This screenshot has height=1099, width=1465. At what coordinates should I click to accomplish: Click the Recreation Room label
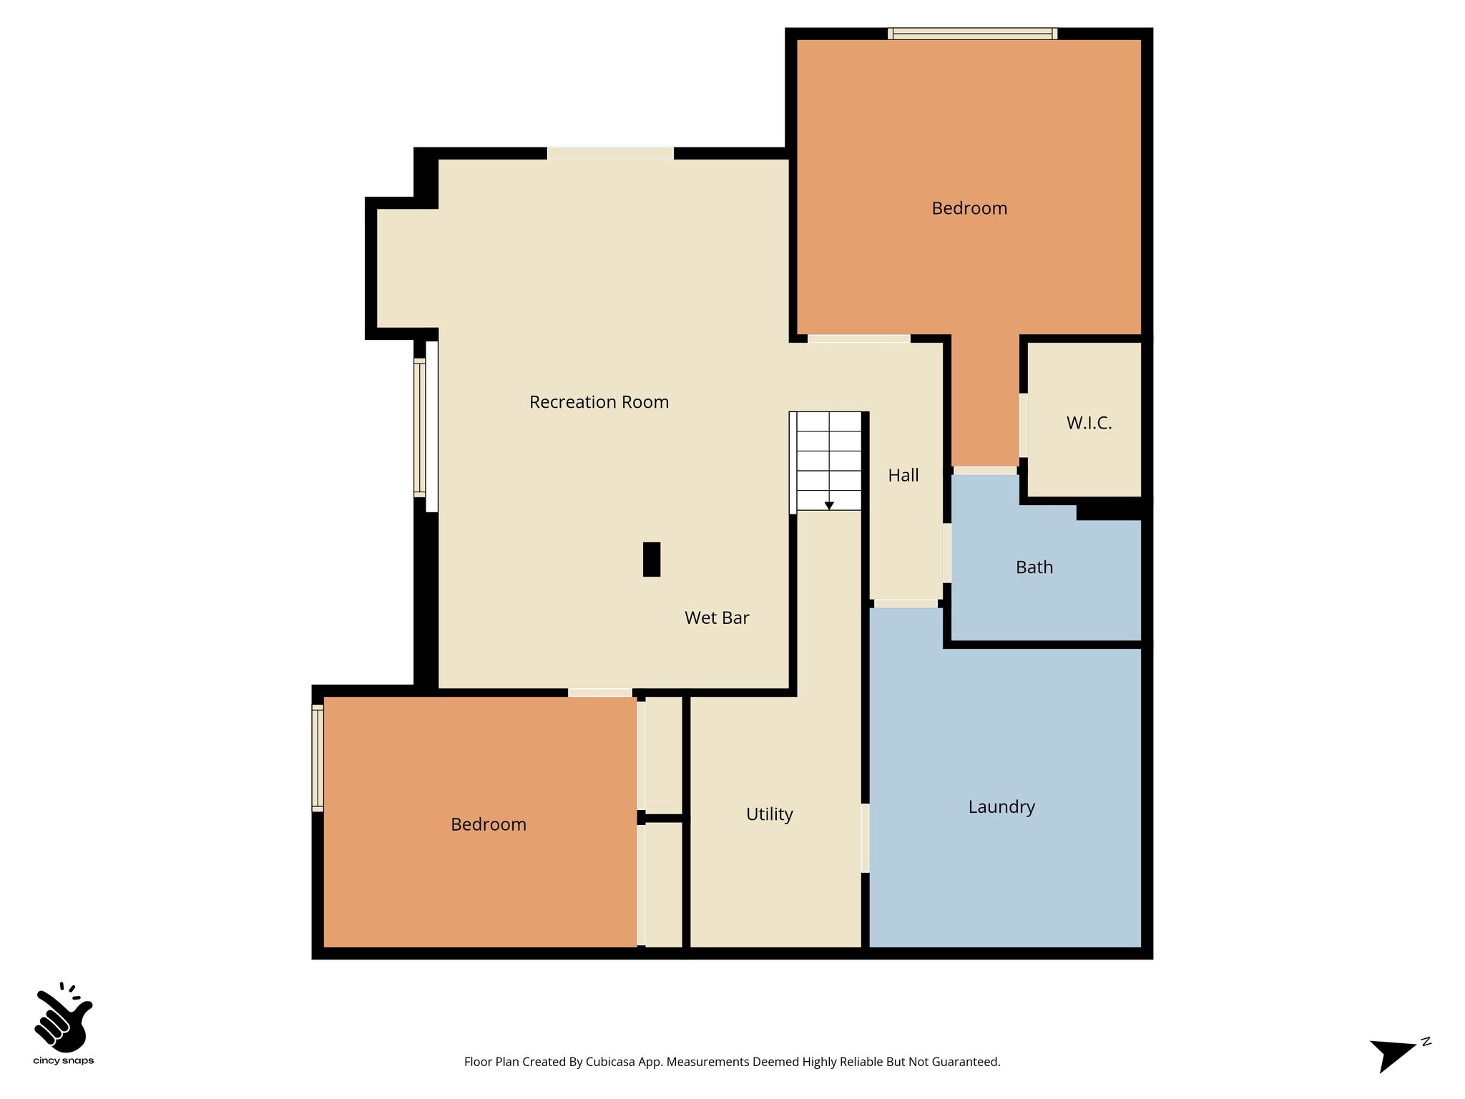point(599,402)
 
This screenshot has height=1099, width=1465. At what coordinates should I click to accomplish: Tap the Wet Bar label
point(717,617)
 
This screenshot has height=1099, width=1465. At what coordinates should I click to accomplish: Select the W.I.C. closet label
point(1089,423)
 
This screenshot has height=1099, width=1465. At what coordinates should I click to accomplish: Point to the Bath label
point(1034,567)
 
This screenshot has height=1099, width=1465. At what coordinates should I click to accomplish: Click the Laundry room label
point(1001,807)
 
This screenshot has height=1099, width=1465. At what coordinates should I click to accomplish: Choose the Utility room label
point(770,814)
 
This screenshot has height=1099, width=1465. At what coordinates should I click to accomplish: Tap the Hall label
point(903,475)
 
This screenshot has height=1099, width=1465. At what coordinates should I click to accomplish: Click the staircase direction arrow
point(829,504)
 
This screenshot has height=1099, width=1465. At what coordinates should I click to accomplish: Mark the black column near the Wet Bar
point(652,559)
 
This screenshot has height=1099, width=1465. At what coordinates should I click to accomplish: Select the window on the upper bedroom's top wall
point(972,33)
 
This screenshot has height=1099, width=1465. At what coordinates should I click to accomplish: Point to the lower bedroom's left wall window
point(318,758)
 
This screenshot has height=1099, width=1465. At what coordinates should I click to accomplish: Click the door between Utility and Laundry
point(865,838)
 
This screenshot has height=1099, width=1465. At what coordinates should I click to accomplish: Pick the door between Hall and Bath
point(947,553)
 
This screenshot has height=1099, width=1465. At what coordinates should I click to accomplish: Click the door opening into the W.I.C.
point(1024,425)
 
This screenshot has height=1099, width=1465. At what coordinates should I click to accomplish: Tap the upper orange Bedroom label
point(969,208)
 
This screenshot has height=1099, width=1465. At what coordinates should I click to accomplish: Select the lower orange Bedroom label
point(489,824)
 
